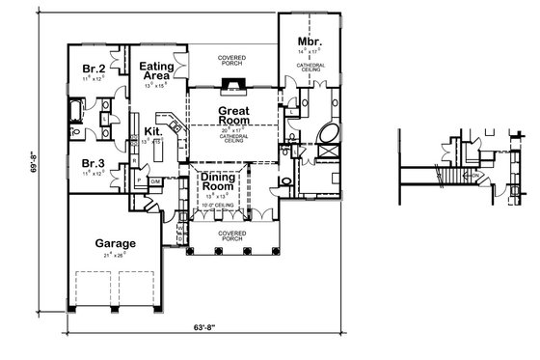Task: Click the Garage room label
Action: coord(114,243)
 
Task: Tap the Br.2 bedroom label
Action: coord(94,69)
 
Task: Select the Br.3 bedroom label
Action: coord(93,165)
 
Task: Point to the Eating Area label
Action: coord(156,69)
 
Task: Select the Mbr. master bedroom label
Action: coord(309,43)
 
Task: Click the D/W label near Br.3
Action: coord(154,180)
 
